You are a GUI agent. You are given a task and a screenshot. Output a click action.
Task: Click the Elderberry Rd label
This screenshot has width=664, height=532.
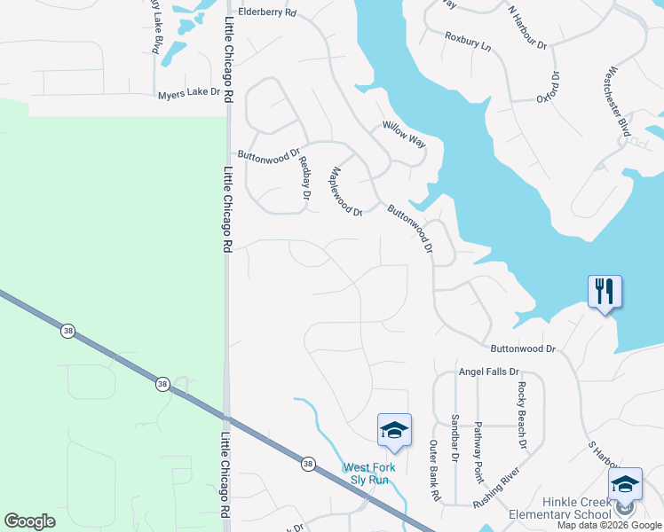[266, 14]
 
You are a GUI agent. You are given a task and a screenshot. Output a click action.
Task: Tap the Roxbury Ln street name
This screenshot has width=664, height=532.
[468, 41]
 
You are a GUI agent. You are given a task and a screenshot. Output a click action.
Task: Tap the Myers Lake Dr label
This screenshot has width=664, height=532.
[187, 95]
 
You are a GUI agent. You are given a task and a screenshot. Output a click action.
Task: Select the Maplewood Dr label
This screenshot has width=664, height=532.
[346, 192]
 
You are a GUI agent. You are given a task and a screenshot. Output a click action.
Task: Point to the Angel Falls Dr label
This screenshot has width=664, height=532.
[486, 373]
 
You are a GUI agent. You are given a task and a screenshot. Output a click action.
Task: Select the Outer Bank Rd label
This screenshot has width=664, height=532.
[434, 471]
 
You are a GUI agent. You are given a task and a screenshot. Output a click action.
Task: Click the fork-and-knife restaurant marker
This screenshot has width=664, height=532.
[605, 292]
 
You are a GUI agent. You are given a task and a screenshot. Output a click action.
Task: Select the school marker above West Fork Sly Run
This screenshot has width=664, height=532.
[394, 430]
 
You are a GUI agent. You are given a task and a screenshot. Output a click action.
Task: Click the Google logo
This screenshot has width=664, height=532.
[29, 521]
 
